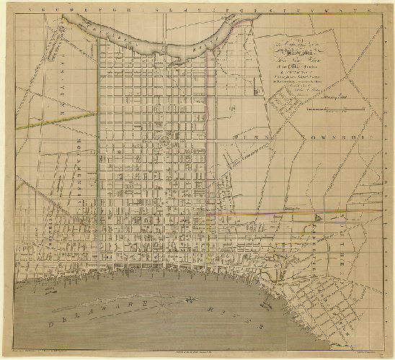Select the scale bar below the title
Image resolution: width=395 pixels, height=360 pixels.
327,109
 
